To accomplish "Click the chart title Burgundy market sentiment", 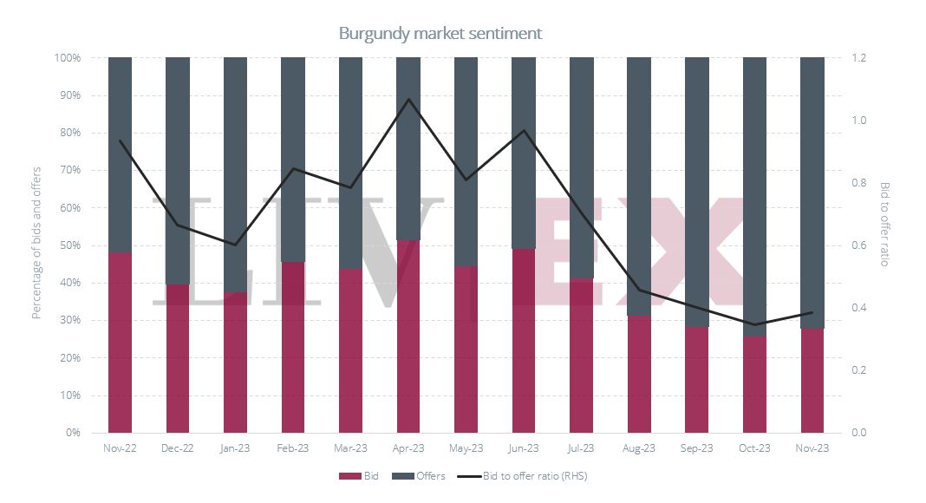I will [440, 33].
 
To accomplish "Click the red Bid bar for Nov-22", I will [120, 343].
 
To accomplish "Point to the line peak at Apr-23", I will [408, 99].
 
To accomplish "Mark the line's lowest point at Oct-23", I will [754, 324].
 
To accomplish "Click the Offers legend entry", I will [419, 476].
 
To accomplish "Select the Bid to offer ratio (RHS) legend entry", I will [524, 476].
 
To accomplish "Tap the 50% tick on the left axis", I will [68, 245].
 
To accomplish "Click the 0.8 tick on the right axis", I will [860, 183].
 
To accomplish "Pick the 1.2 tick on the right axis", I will [860, 58].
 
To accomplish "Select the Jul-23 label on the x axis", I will [581, 448].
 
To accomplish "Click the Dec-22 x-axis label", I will [177, 448].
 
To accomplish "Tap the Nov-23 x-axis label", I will [812, 448].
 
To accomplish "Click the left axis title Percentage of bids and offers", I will [37, 244].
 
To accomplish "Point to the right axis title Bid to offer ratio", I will [884, 224].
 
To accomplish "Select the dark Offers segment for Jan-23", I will [235, 173].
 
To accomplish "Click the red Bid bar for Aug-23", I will [639, 374].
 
